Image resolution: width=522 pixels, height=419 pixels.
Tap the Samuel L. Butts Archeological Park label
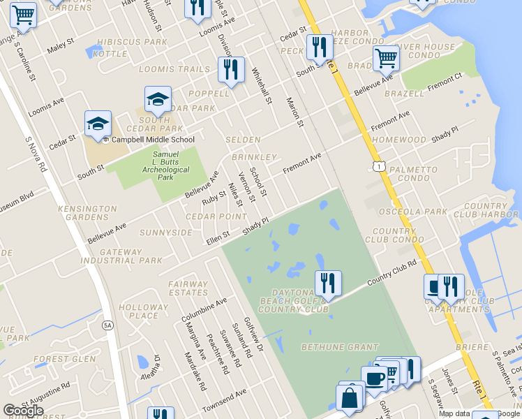click(156, 166)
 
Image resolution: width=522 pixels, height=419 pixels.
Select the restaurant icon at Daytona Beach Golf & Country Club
click(328, 283)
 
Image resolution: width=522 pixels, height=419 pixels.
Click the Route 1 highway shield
click(378, 166)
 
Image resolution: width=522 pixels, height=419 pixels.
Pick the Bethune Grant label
click(339, 347)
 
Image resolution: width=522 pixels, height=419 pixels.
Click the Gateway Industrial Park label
click(131, 256)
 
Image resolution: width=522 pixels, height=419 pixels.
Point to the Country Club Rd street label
click(393, 270)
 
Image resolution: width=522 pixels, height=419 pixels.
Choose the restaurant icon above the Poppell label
click(230, 69)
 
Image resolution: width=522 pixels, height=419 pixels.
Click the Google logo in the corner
click(23, 411)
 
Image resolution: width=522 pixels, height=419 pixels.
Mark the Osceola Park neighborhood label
click(417, 212)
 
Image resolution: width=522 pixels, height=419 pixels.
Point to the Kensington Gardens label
click(87, 213)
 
